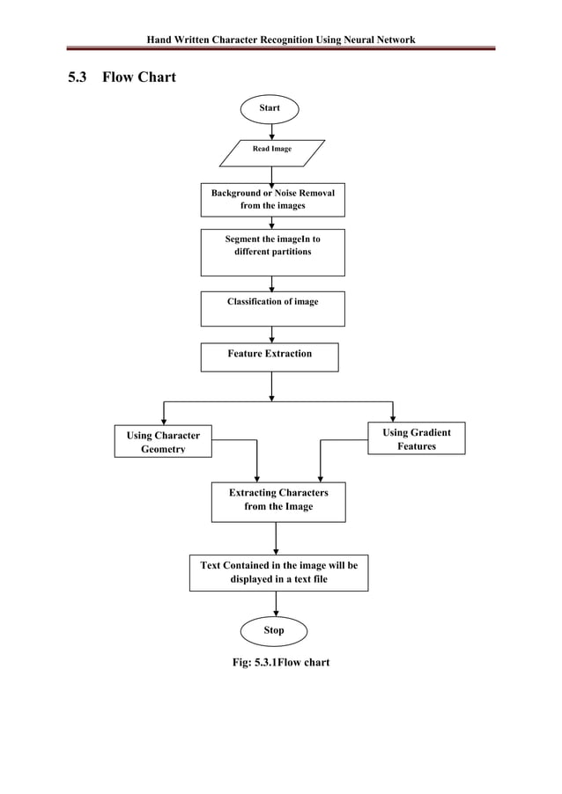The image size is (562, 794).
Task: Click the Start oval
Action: [x=270, y=107]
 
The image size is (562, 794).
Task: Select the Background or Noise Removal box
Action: [x=272, y=199]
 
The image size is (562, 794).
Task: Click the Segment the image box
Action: [x=272, y=252]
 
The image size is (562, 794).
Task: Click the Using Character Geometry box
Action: [x=163, y=441]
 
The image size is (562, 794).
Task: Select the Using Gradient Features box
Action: [x=416, y=438]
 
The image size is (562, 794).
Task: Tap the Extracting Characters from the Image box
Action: [x=278, y=501]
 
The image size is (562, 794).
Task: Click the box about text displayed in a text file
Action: [x=278, y=572]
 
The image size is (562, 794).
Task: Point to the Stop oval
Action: [x=274, y=630]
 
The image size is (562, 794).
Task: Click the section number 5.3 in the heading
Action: [x=78, y=77]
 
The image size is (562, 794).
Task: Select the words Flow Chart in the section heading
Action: [x=139, y=77]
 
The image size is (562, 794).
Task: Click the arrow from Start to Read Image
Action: [x=271, y=130]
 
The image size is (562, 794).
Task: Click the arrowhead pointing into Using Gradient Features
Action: [x=393, y=417]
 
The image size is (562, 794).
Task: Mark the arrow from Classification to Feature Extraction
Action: [x=271, y=335]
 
